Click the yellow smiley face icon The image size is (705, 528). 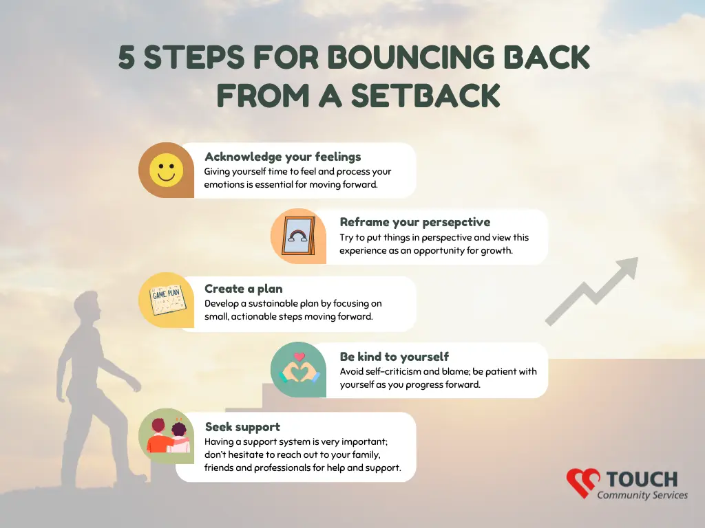pyautogui.click(x=167, y=170)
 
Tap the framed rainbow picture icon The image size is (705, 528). pyautogui.click(x=298, y=236)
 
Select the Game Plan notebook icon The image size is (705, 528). pyautogui.click(x=167, y=300)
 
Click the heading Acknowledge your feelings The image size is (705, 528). pyautogui.click(x=283, y=157)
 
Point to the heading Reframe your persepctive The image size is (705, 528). pyautogui.click(x=415, y=222)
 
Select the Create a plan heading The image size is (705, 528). pyautogui.click(x=244, y=289)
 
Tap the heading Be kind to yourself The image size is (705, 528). pyautogui.click(x=394, y=357)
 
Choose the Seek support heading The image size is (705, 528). pyautogui.click(x=242, y=426)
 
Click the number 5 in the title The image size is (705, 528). pyautogui.click(x=127, y=58)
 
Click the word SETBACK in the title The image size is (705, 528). pyautogui.click(x=425, y=96)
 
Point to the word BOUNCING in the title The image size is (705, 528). pyautogui.click(x=410, y=58)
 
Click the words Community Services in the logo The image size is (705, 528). pyautogui.click(x=642, y=495)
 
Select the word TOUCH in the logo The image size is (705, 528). pyautogui.click(x=642, y=479)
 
